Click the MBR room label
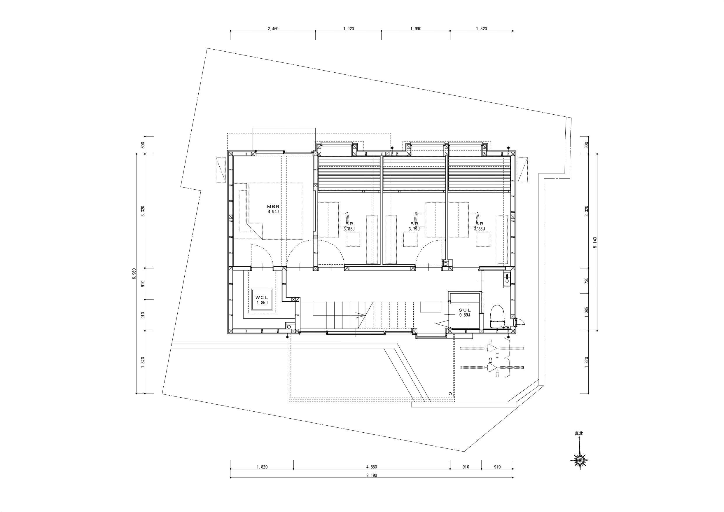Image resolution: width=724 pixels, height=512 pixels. point(273,207)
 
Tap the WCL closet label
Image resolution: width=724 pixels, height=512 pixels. point(262,298)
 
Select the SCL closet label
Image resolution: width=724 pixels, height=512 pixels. point(465,310)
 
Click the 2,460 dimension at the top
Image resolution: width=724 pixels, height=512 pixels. point(273,29)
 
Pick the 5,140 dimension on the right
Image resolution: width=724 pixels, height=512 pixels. point(595,242)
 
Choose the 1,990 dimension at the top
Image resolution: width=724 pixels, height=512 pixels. point(416,29)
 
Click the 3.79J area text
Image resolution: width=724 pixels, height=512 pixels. point(414,229)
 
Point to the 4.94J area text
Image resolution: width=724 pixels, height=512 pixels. point(273,212)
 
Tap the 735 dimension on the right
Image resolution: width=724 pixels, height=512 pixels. point(587,280)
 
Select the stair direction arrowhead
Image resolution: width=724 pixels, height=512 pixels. point(363,314)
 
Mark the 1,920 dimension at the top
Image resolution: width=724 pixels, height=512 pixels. point(349,29)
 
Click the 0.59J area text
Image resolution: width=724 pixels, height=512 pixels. point(465,315)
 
